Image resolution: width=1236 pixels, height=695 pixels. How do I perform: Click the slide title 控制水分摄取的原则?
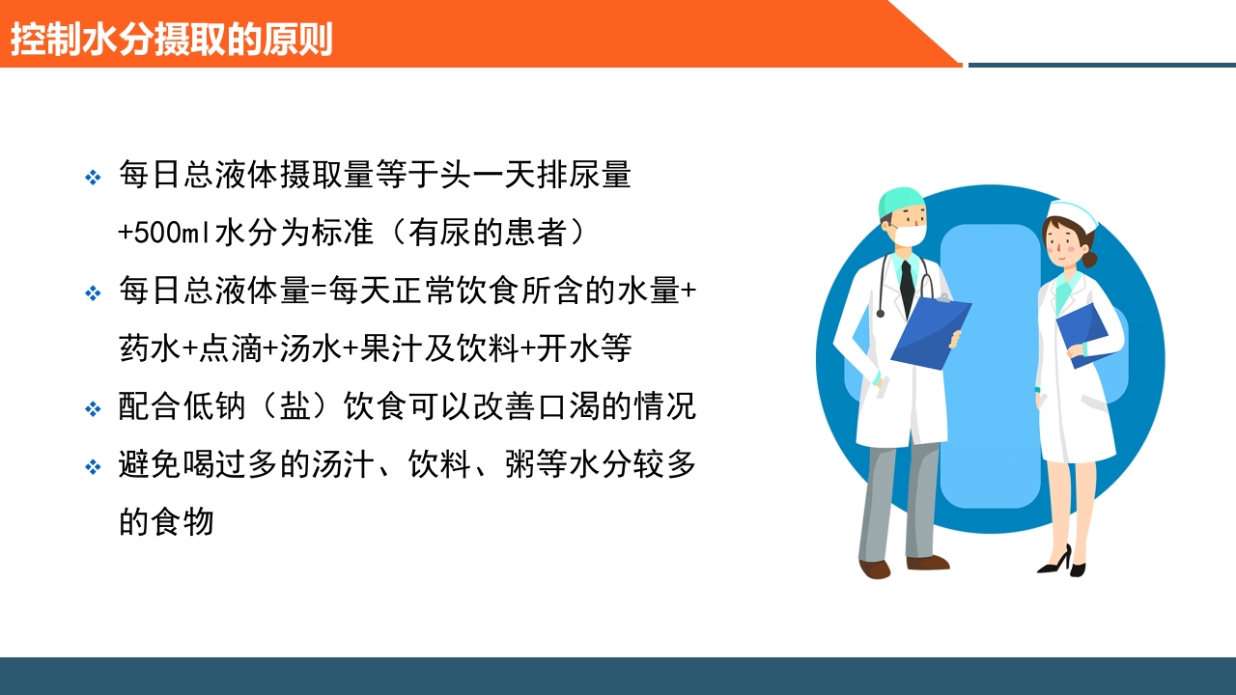(171, 39)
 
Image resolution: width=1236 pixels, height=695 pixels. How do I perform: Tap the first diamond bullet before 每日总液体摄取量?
(93, 178)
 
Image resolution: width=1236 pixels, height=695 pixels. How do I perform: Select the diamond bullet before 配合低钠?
(93, 409)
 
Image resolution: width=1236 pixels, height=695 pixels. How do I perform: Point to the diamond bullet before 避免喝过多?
(93, 467)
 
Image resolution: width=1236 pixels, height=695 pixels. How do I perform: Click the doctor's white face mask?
(908, 233)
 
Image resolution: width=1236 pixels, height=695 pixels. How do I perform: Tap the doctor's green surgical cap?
(900, 200)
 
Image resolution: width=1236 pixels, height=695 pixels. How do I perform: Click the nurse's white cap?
(1073, 215)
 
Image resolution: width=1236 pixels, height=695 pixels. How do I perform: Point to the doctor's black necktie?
(907, 287)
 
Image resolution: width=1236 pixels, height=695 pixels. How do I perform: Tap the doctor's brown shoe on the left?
(875, 569)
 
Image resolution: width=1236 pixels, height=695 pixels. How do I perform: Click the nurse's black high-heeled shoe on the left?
(1055, 561)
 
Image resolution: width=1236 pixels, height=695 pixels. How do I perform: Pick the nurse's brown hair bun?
(1089, 259)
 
